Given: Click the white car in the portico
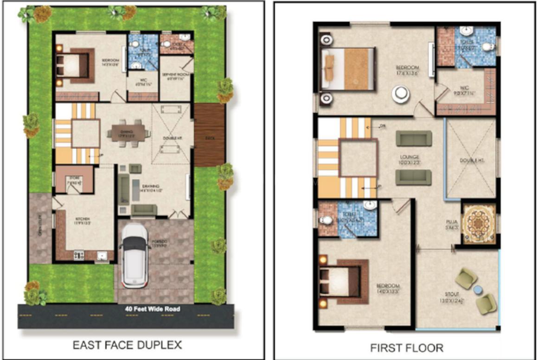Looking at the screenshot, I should tap(134, 256).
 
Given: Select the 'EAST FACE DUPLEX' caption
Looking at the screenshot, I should tap(127, 345).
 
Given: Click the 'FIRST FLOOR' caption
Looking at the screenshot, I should tap(406, 347).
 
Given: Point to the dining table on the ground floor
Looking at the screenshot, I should tap(128, 134).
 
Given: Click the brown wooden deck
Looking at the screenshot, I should tap(209, 135).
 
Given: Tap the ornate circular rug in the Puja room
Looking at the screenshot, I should tap(478, 223).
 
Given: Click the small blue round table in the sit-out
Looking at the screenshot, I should tap(478, 290).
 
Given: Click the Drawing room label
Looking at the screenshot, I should tap(153, 188).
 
